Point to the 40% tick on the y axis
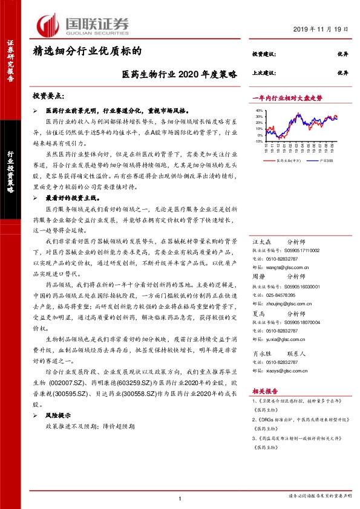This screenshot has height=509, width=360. coord(260,111)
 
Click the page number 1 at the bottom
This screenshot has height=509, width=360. coord(180,497)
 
